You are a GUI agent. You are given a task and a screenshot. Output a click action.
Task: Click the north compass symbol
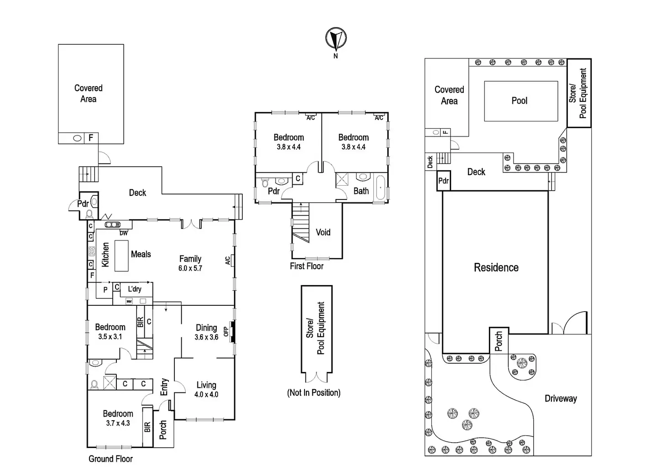pos(336,38)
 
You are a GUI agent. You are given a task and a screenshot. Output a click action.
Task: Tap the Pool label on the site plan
pos(519,101)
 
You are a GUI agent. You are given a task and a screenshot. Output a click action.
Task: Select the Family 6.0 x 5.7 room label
pos(190,263)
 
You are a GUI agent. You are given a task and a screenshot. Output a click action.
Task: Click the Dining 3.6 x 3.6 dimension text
pos(206,337)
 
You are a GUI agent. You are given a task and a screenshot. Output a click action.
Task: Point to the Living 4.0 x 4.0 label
pos(206,390)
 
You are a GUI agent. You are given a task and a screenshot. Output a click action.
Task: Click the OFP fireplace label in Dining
pos(226,331)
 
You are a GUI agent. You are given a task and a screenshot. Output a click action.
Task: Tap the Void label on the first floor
pos(323,232)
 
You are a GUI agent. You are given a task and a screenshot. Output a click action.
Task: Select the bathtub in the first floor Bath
pos(380,188)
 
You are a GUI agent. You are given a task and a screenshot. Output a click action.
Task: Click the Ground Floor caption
pos(110,459)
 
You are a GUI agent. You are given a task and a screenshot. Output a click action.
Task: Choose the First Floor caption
pos(306,266)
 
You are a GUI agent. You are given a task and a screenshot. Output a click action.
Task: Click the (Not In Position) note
pos(314,392)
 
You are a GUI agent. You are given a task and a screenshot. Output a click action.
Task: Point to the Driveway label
pos(561,398)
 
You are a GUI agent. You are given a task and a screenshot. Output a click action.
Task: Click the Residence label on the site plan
pos(496,267)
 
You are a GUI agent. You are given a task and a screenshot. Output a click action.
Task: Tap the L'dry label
pos(135,289)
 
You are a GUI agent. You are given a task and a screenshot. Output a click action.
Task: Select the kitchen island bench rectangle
pos(121,256)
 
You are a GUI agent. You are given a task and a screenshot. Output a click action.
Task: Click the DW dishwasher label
pos(124,233)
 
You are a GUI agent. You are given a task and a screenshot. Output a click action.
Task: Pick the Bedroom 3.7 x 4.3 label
pos(118,418)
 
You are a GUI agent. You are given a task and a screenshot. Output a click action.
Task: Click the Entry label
pos(164,387)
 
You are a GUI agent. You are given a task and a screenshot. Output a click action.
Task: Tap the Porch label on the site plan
pos(499,341)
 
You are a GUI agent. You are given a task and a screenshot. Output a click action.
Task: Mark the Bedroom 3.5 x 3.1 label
pos(110,332)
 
